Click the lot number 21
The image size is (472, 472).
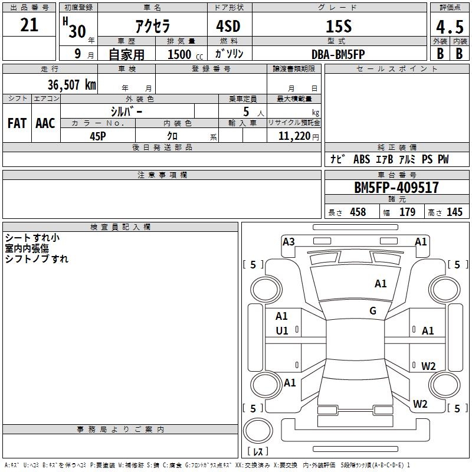click(29, 25)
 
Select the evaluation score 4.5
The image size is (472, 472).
click(449, 28)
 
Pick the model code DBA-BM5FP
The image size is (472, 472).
click(338, 54)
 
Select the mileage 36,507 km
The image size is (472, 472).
click(71, 84)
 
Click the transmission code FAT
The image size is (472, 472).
click(17, 123)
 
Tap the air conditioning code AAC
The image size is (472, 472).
click(45, 123)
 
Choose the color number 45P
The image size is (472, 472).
click(98, 136)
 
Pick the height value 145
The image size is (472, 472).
click(455, 212)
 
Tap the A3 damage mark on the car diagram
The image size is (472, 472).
click(289, 241)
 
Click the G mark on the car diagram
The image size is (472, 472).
click(373, 311)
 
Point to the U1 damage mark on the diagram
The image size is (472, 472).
click(282, 331)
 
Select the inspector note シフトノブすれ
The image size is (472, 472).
click(37, 259)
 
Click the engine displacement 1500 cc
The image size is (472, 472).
click(179, 54)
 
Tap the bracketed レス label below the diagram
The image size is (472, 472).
click(258, 452)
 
